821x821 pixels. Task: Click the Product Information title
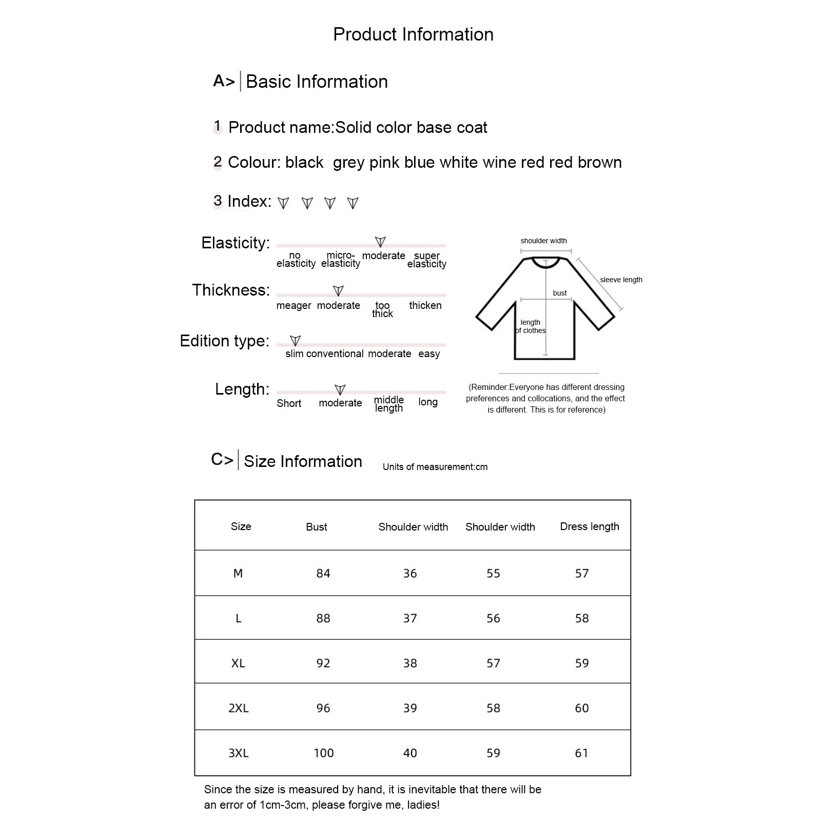[x=413, y=34]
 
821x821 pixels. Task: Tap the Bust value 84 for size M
[x=323, y=573]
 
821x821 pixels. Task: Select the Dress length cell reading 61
[x=581, y=753]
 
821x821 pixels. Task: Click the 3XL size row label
[x=239, y=753]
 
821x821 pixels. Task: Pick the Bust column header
[x=317, y=527]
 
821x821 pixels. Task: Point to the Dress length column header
[x=590, y=526]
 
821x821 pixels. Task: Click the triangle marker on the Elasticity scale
[x=380, y=242]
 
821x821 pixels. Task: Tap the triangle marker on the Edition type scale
[x=295, y=341]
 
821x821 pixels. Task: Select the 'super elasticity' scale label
[x=427, y=260]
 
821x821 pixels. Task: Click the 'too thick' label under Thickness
[x=382, y=309]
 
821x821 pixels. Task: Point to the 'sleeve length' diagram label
[x=621, y=280]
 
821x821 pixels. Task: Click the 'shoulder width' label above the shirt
[x=543, y=241]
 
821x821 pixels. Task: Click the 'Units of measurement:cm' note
[x=435, y=467]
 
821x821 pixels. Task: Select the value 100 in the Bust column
[x=324, y=753]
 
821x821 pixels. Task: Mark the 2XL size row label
[x=239, y=708]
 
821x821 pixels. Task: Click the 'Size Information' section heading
[x=303, y=461]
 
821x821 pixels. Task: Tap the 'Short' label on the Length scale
[x=289, y=403]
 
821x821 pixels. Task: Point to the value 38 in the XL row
[x=410, y=663]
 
